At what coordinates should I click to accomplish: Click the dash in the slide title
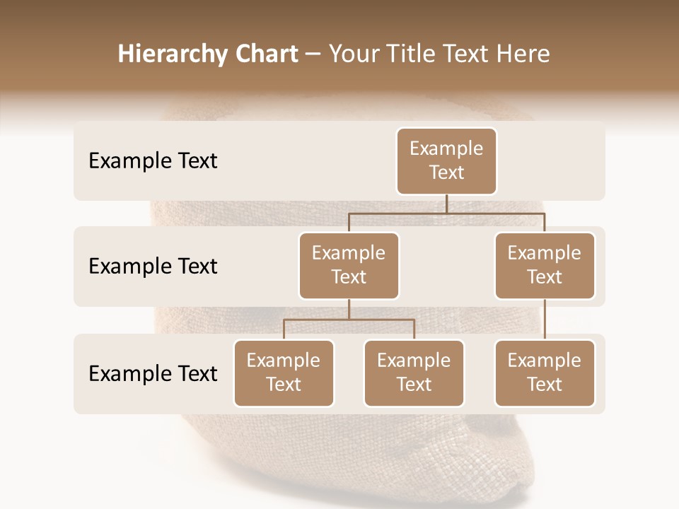pos(313,54)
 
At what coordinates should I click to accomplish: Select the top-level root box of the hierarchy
pos(446,160)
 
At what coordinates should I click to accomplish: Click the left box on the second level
pos(349,265)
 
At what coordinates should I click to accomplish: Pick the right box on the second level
pos(545,265)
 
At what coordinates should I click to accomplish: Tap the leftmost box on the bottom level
pos(284,373)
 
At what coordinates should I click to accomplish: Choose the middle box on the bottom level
pos(414,373)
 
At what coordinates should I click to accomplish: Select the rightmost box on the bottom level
pos(545,373)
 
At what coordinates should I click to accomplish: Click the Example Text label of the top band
pos(153,161)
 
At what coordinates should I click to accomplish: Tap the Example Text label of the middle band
pos(153,267)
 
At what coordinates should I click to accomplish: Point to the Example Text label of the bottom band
pos(153,373)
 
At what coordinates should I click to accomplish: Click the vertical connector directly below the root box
pos(446,204)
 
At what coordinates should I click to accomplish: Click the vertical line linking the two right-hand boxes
pos(545,320)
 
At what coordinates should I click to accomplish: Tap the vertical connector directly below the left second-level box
pos(349,309)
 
